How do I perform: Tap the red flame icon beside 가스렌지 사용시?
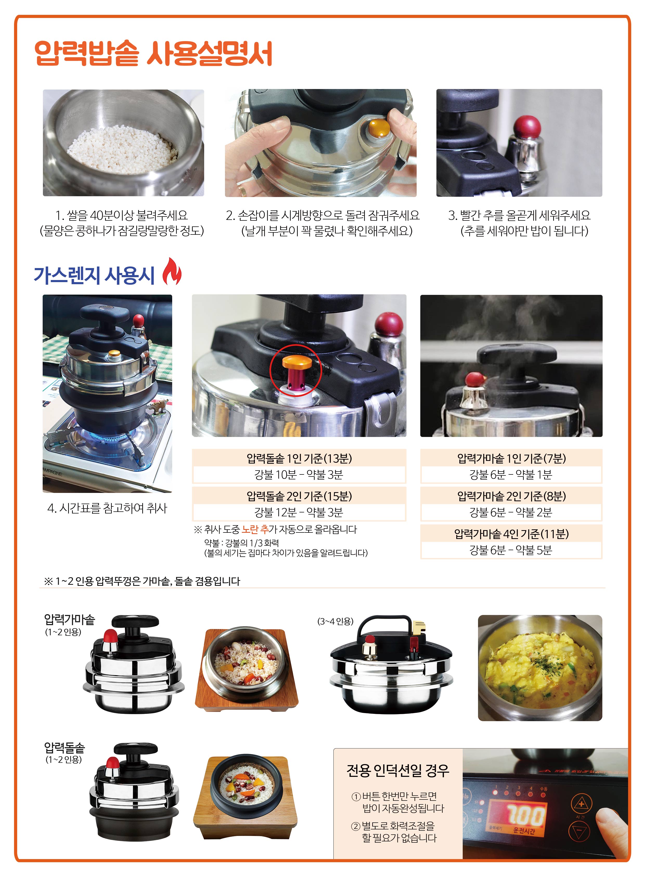(x=172, y=271)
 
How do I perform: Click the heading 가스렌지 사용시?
(x=94, y=275)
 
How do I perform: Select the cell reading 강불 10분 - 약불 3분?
(x=299, y=475)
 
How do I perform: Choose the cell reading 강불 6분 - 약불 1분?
(x=511, y=475)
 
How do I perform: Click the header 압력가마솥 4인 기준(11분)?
(x=511, y=533)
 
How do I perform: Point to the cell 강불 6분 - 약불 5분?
(x=511, y=550)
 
